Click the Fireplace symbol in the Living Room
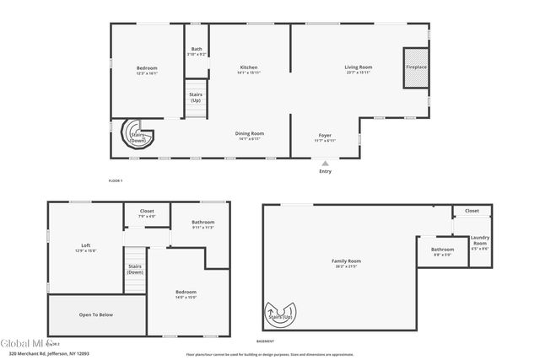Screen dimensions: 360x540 click(415, 67)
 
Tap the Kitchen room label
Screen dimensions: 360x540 click(248, 67)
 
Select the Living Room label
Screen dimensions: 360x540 click(358, 67)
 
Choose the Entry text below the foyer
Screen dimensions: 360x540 click(325, 171)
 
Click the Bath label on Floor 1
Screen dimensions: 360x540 click(197, 50)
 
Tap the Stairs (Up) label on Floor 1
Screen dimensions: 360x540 click(196, 96)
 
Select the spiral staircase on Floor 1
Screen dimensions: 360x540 click(136, 135)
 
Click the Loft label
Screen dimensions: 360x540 click(85, 246)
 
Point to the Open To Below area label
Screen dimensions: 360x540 click(95, 314)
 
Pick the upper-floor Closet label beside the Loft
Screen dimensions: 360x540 click(147, 211)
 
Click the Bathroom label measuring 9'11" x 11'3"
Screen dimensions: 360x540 click(202, 223)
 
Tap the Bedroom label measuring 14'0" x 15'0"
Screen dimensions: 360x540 click(186, 293)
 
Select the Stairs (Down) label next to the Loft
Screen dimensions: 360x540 click(135, 269)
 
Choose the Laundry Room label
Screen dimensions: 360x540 click(479, 243)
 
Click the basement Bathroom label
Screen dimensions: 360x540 click(443, 250)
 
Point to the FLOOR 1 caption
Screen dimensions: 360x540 click(116, 181)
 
